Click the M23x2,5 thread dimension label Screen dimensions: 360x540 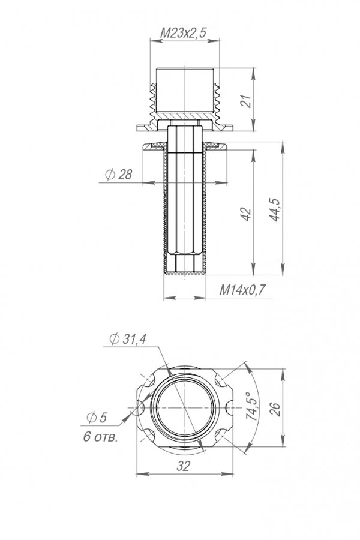[183, 33]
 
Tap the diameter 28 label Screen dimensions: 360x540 [119, 175]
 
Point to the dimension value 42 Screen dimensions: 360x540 [247, 214]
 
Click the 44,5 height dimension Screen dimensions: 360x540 [275, 210]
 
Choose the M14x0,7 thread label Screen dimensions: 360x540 [243, 290]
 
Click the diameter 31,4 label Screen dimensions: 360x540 [128, 339]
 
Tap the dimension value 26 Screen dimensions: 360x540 [275, 409]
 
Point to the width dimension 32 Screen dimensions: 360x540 [183, 466]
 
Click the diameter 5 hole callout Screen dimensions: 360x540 [97, 418]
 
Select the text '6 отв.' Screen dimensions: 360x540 [101, 437]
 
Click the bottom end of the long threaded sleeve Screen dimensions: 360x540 [185, 274]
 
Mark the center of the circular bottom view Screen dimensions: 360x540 [185, 408]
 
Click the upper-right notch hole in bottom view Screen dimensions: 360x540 [221, 380]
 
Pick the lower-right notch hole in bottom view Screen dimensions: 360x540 [221, 436]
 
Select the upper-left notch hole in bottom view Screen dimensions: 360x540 [149, 380]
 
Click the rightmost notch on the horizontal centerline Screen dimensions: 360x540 [230, 408]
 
